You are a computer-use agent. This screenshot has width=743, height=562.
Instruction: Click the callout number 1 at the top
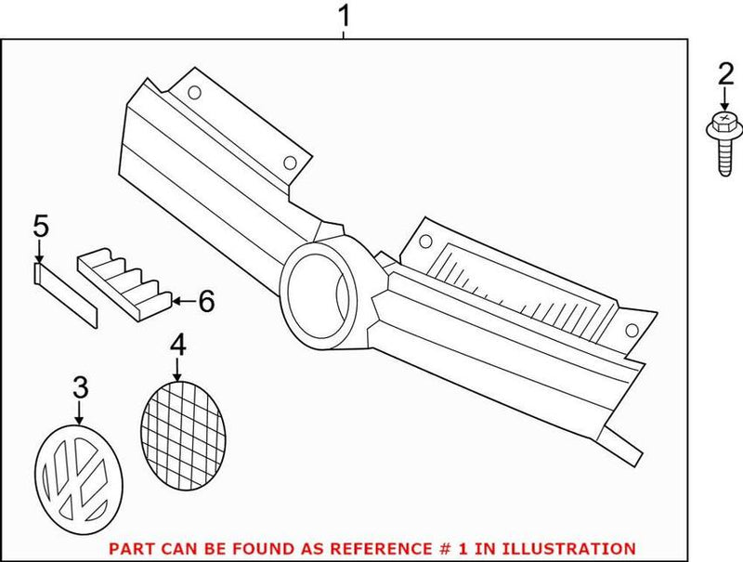344,16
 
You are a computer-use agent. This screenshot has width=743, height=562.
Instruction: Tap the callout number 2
725,75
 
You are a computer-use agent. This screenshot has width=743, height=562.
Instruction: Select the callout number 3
80,387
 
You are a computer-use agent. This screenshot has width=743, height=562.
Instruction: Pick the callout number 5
41,226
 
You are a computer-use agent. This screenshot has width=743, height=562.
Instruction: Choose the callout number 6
206,301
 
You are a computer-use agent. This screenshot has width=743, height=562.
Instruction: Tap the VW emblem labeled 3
79,479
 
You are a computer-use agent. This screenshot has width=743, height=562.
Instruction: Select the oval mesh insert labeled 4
183,435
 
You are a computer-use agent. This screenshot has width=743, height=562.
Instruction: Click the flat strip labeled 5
65,295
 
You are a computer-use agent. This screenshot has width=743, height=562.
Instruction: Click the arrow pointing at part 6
183,300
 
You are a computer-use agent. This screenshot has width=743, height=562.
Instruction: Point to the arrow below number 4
177,370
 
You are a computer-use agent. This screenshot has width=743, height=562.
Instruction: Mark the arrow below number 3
80,412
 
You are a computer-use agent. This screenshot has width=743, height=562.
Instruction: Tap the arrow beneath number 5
39,251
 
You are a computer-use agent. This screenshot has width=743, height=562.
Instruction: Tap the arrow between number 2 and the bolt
724,100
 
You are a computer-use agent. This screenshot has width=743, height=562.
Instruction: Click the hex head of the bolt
724,122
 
